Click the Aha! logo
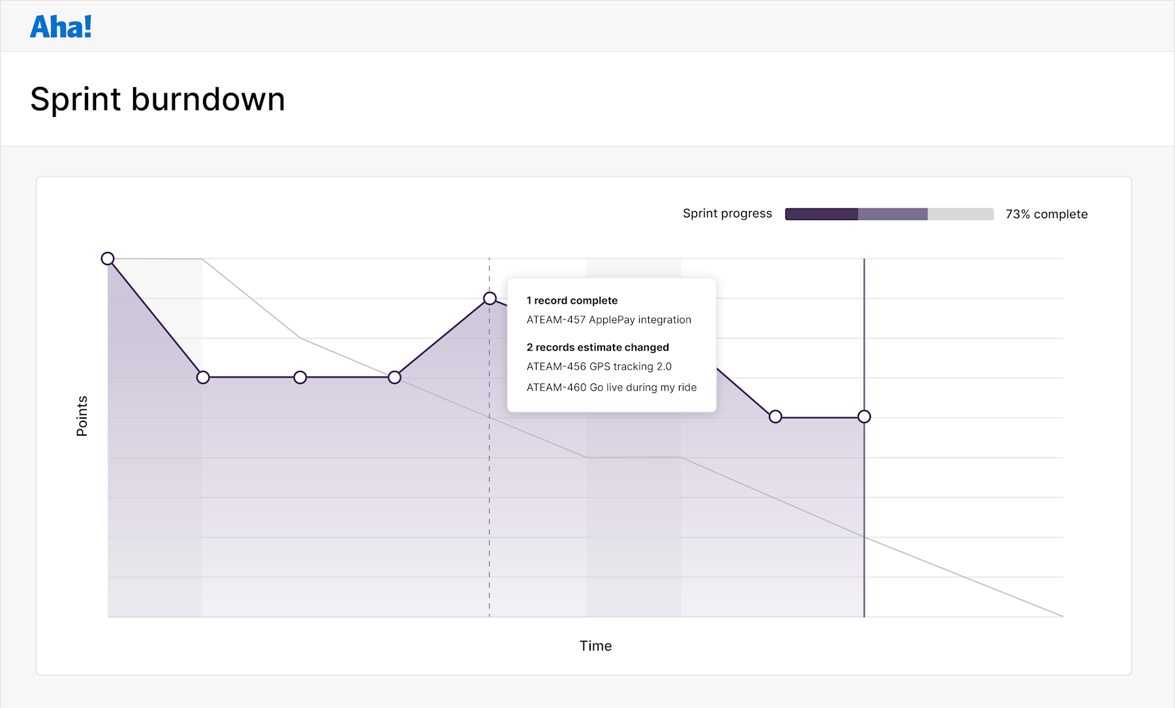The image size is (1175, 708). pos(61,27)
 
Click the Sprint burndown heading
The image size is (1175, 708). pos(157,99)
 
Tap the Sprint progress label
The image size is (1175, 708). pos(727,214)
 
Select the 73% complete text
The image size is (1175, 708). pos(1046,214)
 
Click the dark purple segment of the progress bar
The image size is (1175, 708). pos(821,214)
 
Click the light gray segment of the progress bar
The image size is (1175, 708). pos(960,214)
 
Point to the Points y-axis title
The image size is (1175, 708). pos(82,416)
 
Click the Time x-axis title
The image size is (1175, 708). pos(595,646)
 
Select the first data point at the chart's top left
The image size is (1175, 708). pos(108,259)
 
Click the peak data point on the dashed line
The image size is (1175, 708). pos(490,298)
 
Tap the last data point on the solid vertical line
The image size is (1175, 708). pos(864,417)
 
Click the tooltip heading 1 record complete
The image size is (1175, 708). pos(572,300)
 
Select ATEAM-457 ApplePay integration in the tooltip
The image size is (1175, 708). pos(608,320)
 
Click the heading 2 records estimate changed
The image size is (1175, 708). pos(597,347)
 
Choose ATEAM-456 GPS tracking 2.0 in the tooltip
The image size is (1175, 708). pos(599,367)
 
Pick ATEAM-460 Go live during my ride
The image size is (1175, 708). pos(611,388)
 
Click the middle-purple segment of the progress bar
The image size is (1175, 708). pos(892,214)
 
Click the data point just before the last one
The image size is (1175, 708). pos(775,417)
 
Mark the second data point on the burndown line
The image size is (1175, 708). pos(203,378)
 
